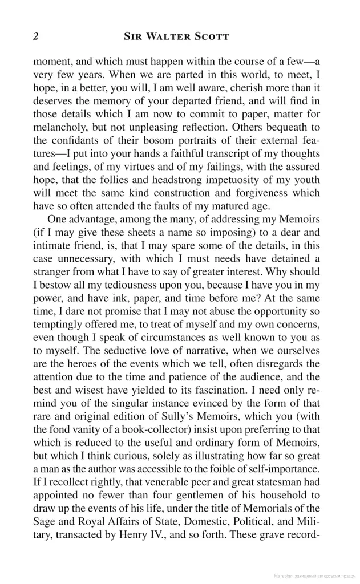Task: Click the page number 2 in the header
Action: (x=36, y=36)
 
